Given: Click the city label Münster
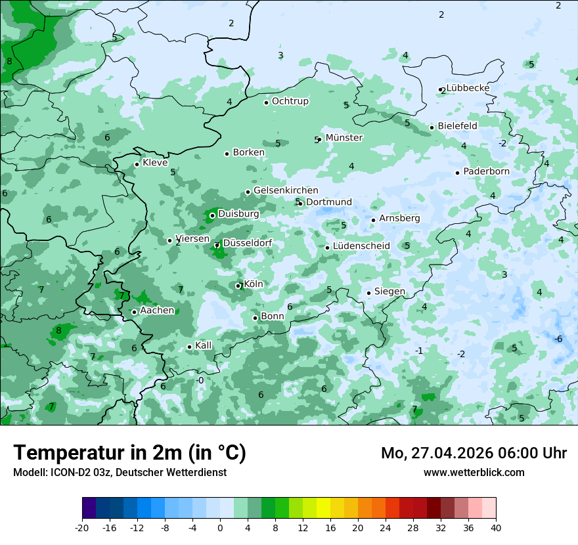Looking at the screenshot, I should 344,138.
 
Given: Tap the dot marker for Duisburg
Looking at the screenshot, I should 212,215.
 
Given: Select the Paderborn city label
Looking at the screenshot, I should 486,171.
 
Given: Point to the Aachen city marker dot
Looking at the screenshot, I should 134,312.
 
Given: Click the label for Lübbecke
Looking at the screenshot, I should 468,88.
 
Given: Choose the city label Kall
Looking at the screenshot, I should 204,345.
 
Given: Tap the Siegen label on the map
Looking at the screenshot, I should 389,292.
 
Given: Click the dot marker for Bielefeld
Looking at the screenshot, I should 432,127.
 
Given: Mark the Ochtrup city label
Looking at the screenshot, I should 290,101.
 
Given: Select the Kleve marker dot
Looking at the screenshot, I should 137,164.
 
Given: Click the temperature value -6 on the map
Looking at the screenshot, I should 558,339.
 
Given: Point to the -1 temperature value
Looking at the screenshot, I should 419,351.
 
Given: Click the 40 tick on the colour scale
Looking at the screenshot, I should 496,528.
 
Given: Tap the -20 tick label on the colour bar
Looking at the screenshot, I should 82,528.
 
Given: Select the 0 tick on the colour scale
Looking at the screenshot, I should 220,528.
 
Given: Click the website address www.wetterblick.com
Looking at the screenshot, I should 474,472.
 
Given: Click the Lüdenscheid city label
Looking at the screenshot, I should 361,246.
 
